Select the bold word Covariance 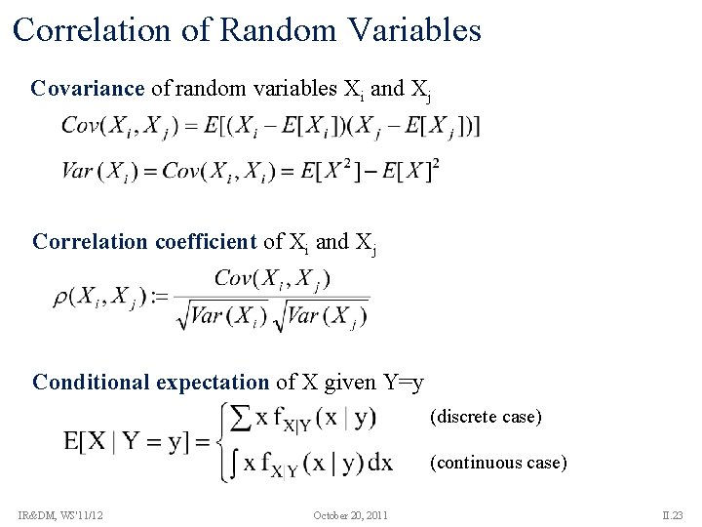pos(88,89)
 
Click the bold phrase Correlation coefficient pos(145,241)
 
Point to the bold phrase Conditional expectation pos(150,382)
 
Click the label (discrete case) pos(485,417)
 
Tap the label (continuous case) pos(497,462)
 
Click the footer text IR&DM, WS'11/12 pos(60,514)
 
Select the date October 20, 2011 pos(351,514)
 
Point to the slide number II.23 pos(673,514)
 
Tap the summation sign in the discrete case pos(238,420)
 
